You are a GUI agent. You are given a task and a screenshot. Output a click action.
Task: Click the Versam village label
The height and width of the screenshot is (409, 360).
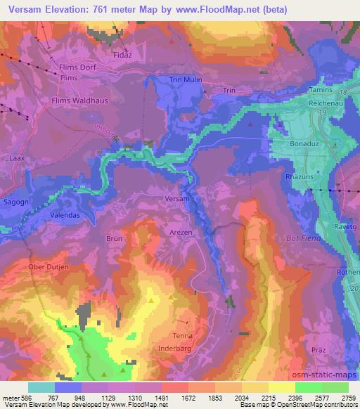[x=177, y=200]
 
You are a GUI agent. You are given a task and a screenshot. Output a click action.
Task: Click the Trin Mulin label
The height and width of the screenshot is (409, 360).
[x=185, y=80]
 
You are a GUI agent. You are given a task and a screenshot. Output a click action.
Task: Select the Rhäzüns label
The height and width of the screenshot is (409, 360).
[x=303, y=177]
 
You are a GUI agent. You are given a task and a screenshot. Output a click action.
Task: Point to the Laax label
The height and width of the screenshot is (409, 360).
[x=18, y=159]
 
